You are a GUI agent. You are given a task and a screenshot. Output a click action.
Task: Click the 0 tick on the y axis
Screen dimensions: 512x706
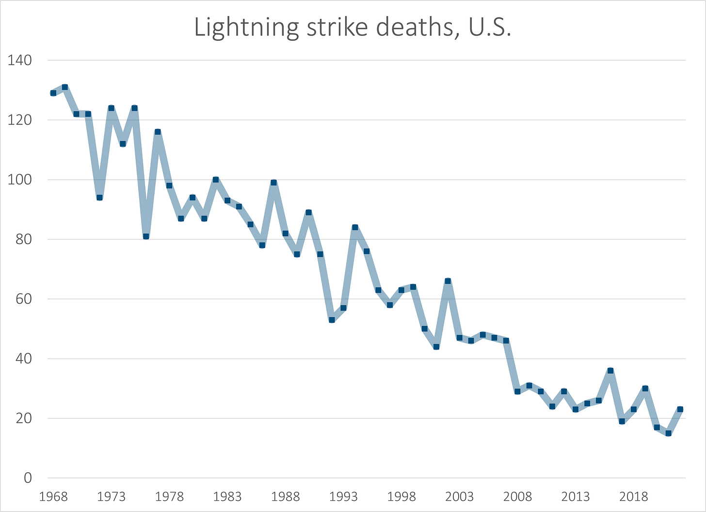click(x=28, y=478)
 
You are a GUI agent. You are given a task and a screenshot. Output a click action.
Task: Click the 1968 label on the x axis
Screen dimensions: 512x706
click(x=53, y=496)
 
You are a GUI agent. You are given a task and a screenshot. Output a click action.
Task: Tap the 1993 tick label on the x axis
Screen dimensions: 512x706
click(x=343, y=496)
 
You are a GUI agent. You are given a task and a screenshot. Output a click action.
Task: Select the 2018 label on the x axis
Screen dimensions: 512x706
click(x=634, y=496)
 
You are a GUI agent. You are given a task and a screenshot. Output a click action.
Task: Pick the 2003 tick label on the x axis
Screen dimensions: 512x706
click(x=459, y=496)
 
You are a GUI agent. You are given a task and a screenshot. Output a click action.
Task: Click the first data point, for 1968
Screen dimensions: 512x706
click(x=53, y=93)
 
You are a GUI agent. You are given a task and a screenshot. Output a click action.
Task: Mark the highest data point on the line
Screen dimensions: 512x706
click(x=65, y=87)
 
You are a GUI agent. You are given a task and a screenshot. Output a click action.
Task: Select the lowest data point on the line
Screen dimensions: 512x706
click(x=669, y=433)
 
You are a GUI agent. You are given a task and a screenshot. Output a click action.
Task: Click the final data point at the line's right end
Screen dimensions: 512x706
click(x=680, y=409)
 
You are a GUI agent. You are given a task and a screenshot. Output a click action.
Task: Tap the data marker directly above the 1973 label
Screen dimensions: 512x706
click(x=111, y=108)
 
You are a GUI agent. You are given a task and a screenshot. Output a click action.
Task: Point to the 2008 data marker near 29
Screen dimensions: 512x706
click(x=517, y=391)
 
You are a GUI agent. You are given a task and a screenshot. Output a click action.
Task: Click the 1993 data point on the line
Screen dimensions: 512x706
click(x=343, y=308)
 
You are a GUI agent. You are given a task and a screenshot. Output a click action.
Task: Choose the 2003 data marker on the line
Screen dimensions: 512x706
click(x=459, y=338)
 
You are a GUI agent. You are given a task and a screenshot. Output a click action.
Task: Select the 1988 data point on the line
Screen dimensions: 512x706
click(x=286, y=233)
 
